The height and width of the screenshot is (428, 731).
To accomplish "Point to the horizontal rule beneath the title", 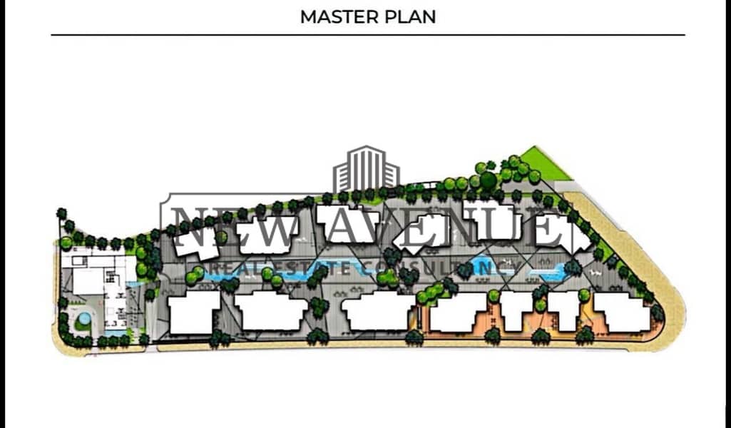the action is point(368,34).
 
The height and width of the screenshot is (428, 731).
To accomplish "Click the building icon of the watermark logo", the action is point(366,169).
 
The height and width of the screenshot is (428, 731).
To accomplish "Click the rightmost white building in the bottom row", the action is point(623,312).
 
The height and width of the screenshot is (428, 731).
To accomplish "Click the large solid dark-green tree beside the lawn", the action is point(488,180).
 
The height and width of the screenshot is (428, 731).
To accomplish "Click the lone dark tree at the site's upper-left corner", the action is point(61,213).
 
